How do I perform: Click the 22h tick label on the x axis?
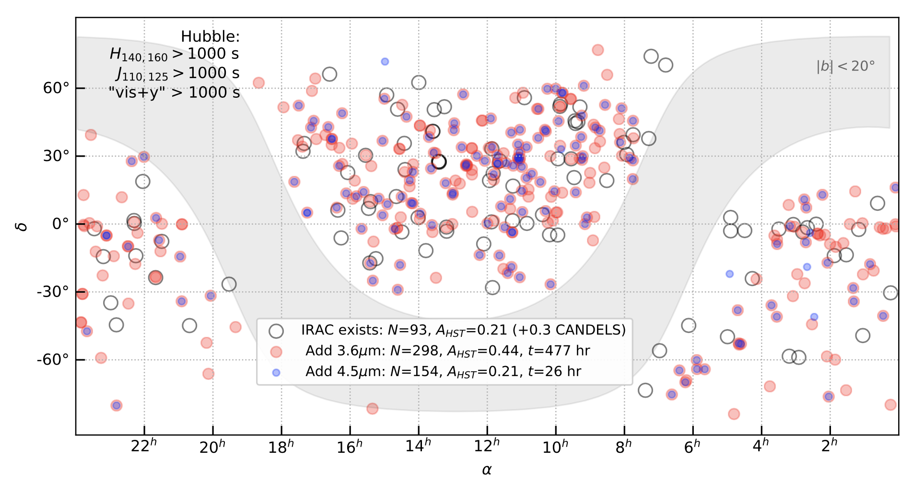144,447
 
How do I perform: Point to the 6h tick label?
692,447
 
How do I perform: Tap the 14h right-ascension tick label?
418,447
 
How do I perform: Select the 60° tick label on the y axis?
56,88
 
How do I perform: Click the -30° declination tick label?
53,292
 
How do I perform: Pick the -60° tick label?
53,360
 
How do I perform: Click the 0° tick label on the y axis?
60,224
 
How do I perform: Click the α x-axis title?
487,470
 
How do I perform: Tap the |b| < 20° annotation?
845,67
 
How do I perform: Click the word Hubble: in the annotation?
210,37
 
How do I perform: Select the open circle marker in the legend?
276,331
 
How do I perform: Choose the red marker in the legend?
276,352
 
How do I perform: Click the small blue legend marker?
276,372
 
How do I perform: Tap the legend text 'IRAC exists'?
340,330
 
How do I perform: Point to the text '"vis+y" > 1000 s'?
175,92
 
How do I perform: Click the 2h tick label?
829,447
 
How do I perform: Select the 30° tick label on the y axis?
56,156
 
